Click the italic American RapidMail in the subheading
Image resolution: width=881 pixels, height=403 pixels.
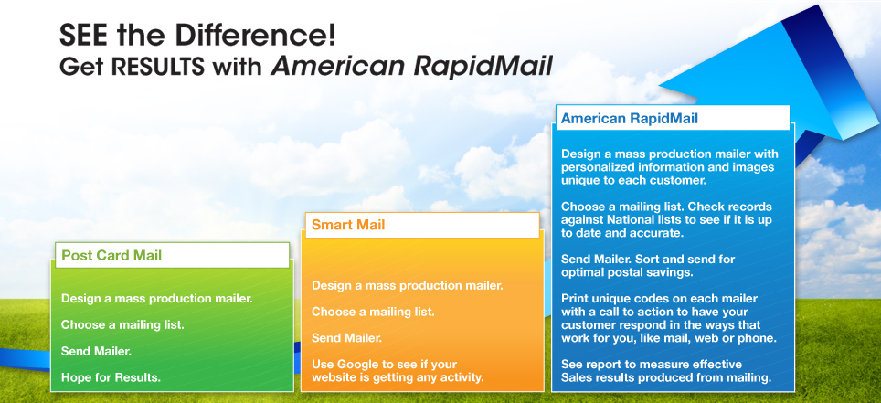(x=412, y=67)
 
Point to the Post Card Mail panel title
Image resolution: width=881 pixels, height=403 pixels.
(x=111, y=256)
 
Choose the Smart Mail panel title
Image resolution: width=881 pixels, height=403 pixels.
(x=348, y=226)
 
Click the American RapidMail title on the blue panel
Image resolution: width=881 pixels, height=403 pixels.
(x=630, y=119)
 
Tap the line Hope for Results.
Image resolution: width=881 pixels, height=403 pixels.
(x=111, y=377)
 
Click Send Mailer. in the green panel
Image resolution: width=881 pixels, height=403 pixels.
(x=96, y=352)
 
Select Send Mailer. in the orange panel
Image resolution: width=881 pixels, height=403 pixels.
(x=346, y=338)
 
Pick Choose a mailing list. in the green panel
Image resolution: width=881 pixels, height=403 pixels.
(x=122, y=325)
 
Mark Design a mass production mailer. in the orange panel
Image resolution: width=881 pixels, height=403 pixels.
(x=408, y=285)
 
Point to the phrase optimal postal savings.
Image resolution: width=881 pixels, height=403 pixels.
(x=627, y=273)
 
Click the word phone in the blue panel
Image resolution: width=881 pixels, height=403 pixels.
(x=759, y=339)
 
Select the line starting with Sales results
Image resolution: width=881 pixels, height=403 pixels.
(x=666, y=377)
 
